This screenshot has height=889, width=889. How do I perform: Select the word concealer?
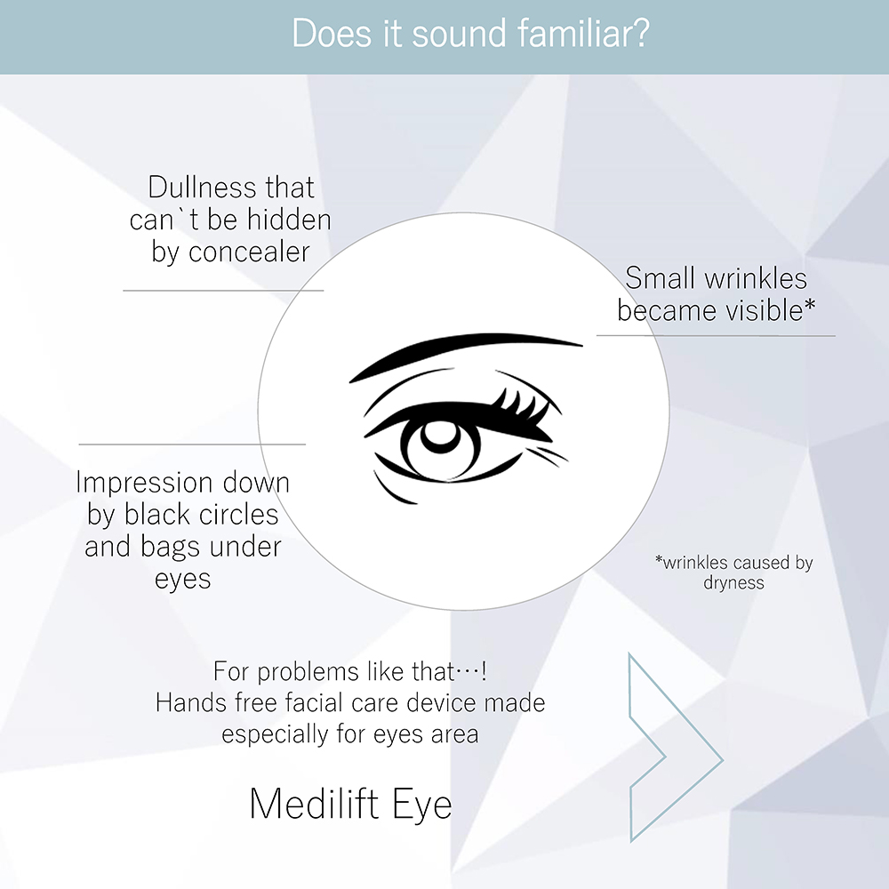coord(249,252)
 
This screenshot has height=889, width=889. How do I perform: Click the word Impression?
coord(145,484)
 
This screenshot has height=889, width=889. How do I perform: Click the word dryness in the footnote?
coord(733,583)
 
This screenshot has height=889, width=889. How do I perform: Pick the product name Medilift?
coord(314,804)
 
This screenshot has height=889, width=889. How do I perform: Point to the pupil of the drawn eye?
coord(442,436)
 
